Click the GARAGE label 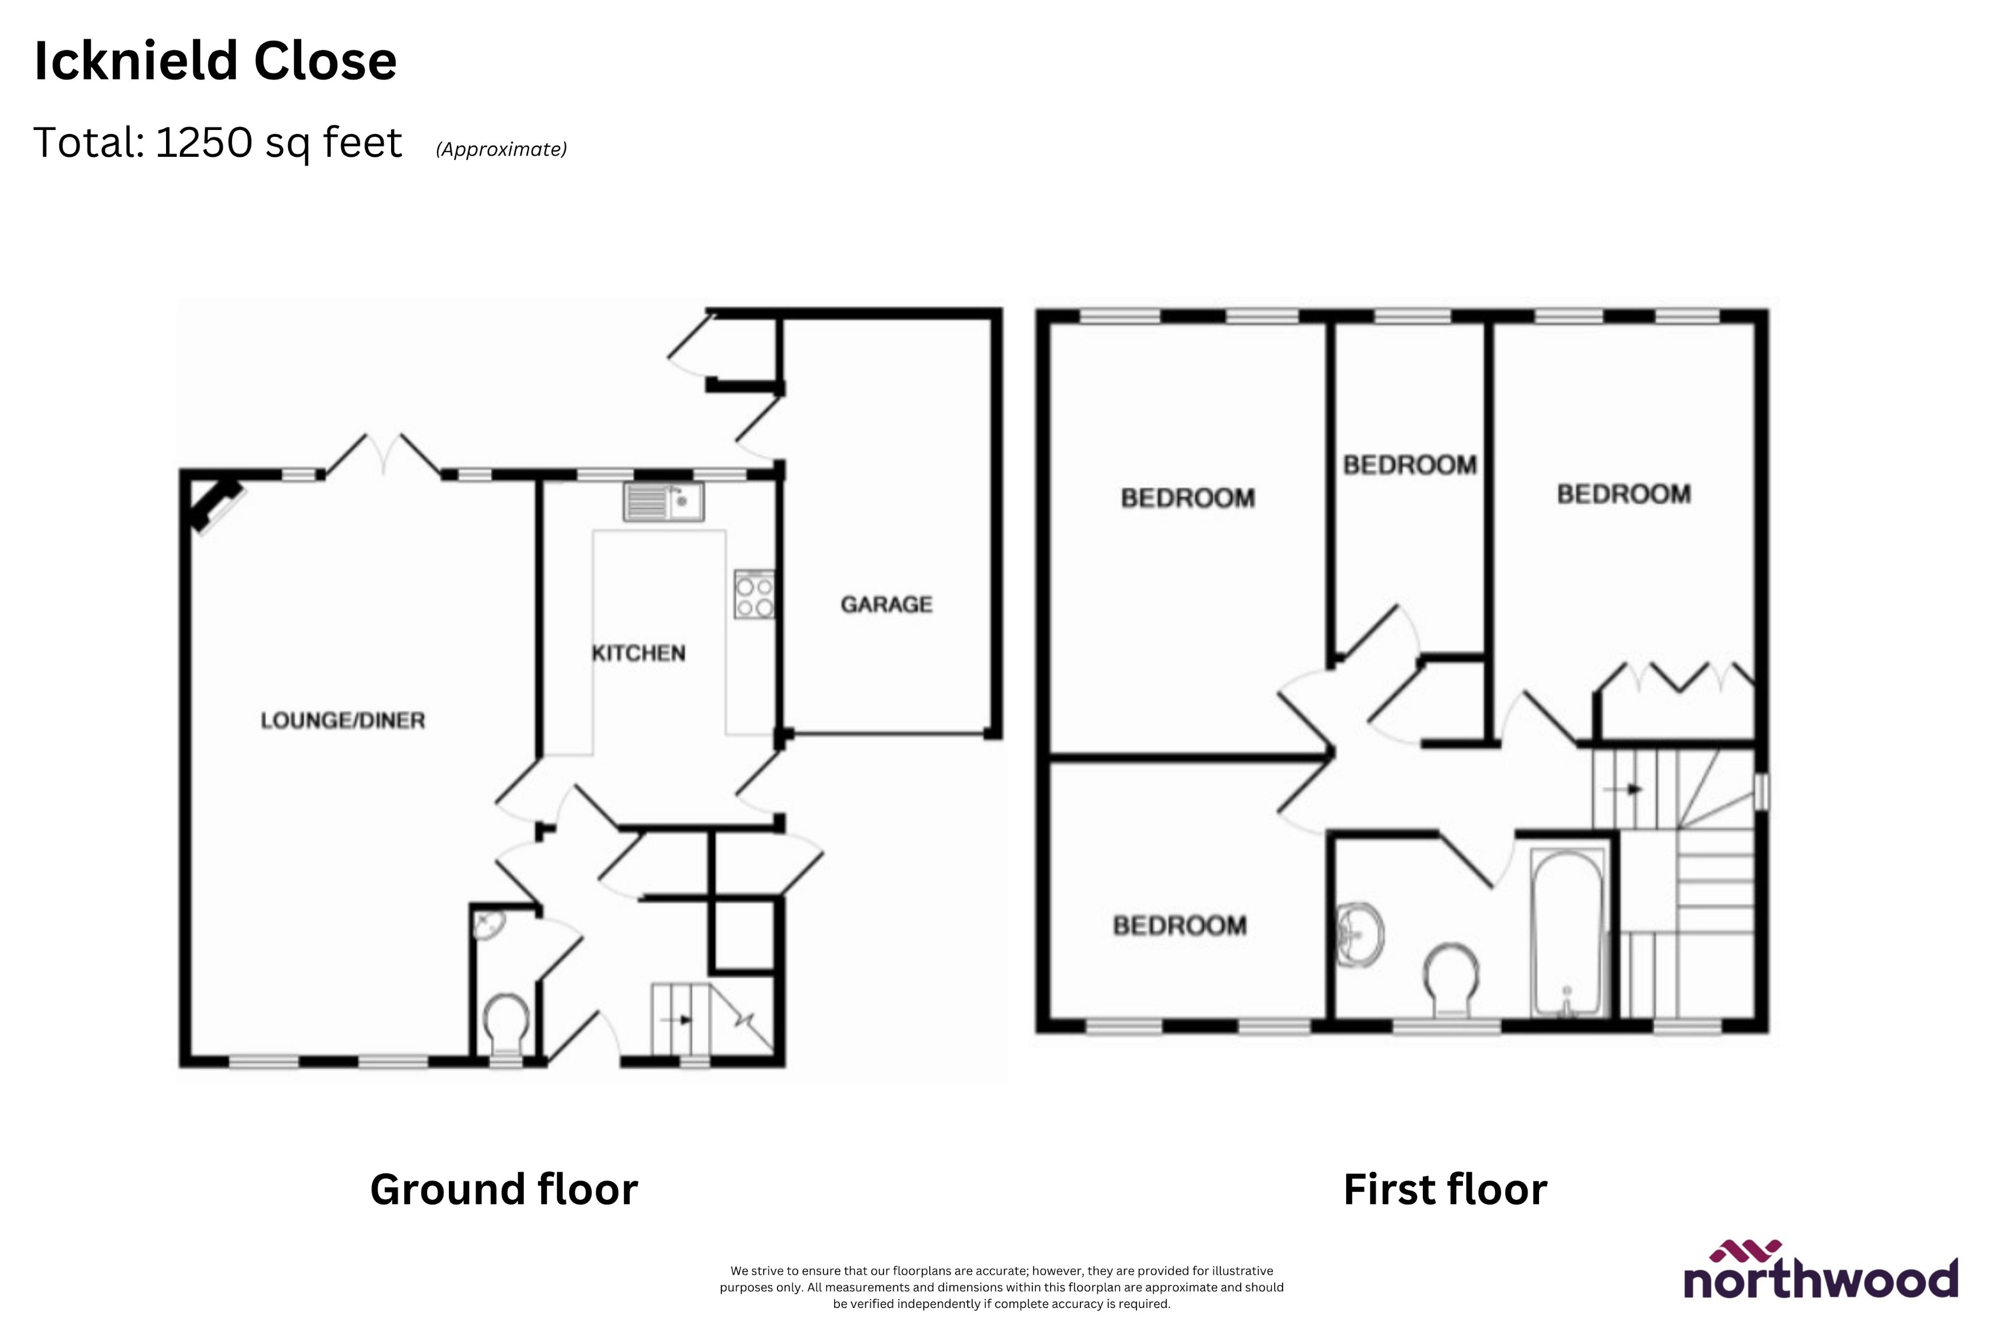(886, 604)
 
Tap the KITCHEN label (638, 653)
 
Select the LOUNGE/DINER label (342, 720)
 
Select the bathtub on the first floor (1568, 932)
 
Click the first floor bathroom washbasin (1360, 935)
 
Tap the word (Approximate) (501, 149)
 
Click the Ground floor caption (503, 1189)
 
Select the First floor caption (1445, 1189)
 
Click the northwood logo (1820, 1272)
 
